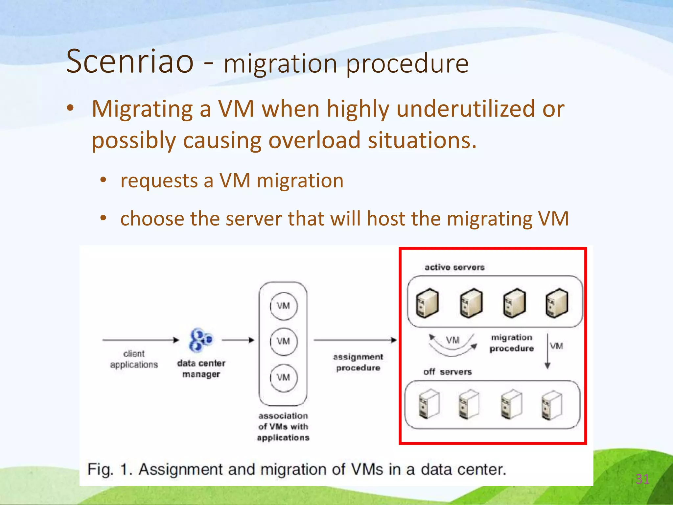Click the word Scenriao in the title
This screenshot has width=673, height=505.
click(130, 61)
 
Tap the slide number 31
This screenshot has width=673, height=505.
click(642, 479)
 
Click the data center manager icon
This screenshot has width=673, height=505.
click(200, 339)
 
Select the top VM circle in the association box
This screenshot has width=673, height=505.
click(284, 306)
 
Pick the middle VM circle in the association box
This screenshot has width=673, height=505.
click(284, 341)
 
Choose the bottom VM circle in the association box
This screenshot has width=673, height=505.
click(284, 377)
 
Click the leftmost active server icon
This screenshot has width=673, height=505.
click(427, 303)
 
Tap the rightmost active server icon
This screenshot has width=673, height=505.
click(557, 303)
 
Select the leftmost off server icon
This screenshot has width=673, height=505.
click(429, 404)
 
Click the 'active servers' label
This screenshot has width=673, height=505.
click(454, 267)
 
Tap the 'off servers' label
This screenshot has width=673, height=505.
click(448, 372)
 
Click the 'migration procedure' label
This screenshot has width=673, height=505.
click(512, 343)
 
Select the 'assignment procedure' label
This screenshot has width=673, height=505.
click(358, 362)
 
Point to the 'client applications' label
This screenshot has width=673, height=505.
click(134, 359)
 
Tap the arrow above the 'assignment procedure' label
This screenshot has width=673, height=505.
click(355, 340)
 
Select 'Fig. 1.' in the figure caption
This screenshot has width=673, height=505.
click(109, 469)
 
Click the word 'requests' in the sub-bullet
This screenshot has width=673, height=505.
click(159, 181)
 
